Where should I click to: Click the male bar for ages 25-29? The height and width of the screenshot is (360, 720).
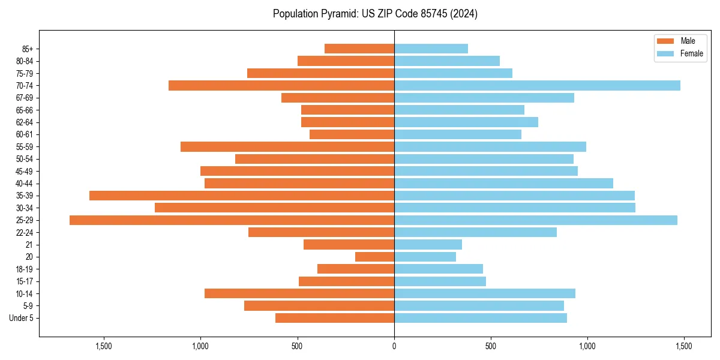pos(232,220)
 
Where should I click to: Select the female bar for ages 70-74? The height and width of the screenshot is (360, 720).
pos(537,86)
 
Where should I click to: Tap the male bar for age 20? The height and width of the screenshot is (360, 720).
pos(374,257)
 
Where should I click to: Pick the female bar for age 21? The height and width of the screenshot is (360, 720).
pos(428,245)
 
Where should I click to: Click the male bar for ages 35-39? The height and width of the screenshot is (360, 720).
pos(242,196)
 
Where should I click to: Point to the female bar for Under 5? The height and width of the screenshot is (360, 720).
pos(480,318)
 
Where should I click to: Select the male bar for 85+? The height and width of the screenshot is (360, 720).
pos(359,49)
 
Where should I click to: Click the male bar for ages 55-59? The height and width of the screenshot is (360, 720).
pos(287,147)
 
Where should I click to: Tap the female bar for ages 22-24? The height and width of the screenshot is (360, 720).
pos(475,232)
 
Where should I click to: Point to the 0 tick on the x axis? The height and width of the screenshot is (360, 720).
pos(394,346)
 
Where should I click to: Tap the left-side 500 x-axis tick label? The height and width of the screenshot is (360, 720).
pos(298,346)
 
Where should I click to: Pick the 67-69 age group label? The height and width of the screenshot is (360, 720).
pos(24,98)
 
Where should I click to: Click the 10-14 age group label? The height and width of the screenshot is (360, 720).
pos(24,293)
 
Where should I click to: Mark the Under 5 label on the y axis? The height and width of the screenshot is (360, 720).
pos(22,318)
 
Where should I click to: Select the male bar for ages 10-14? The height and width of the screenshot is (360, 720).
pos(299,293)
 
